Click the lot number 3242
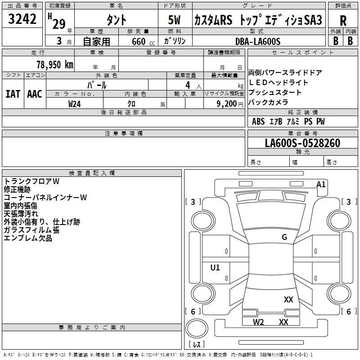[x=22, y=19]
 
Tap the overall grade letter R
[x=343, y=21]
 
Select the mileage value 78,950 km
[x=54, y=64]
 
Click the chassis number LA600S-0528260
[x=302, y=143]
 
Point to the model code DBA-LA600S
[x=258, y=41]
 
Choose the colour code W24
[x=75, y=104]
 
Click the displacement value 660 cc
[x=135, y=41]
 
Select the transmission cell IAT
[x=13, y=94]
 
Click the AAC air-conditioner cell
[x=35, y=94]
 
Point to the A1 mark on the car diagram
[x=321, y=184]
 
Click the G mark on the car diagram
[x=284, y=237]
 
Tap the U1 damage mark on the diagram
[x=215, y=268]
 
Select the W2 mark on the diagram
[x=258, y=322]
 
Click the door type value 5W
[x=175, y=21]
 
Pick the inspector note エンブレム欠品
[x=28, y=238]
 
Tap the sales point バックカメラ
[x=269, y=102]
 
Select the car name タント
[x=116, y=21]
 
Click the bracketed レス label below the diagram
[x=196, y=345]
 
